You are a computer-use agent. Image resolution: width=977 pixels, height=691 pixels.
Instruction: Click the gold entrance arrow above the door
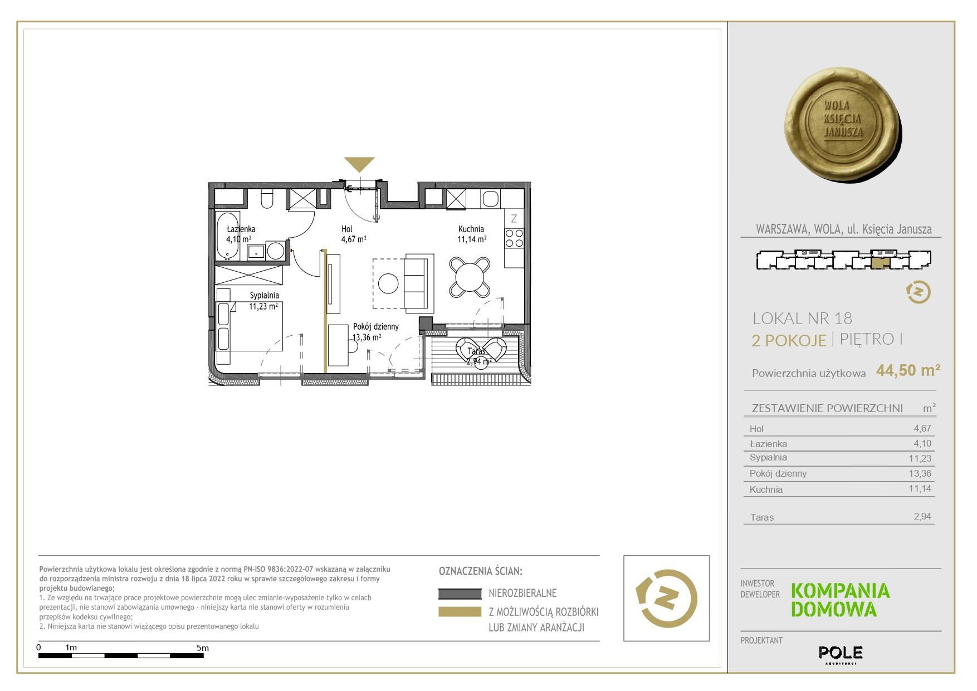coord(359,164)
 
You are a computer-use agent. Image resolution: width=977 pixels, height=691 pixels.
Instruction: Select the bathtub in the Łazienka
coord(228,236)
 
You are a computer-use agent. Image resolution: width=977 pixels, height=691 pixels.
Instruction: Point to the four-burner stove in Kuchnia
coord(514,238)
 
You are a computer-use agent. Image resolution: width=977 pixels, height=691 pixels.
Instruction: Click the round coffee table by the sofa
coord(388,283)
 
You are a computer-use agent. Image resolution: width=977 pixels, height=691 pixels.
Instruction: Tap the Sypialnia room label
coord(264,296)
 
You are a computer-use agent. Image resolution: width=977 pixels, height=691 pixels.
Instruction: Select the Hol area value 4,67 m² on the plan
coord(354,239)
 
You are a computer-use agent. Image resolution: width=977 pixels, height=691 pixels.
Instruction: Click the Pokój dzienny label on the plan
coord(376,327)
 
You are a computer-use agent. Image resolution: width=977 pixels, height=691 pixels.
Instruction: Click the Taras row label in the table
coord(761,517)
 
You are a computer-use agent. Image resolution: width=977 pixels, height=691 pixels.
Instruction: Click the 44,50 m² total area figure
coord(908,370)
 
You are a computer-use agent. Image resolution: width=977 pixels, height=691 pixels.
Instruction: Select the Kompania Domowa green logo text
coord(841,600)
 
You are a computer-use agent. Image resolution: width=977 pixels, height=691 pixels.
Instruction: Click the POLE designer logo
coord(841,653)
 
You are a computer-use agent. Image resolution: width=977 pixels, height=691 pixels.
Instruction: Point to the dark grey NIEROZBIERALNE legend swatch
coord(460,594)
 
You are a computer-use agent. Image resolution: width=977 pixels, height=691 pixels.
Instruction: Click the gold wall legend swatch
coord(460,612)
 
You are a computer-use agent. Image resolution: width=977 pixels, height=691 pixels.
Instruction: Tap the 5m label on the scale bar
coord(203,648)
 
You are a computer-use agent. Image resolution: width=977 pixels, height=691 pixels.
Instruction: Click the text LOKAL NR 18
coord(802,318)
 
